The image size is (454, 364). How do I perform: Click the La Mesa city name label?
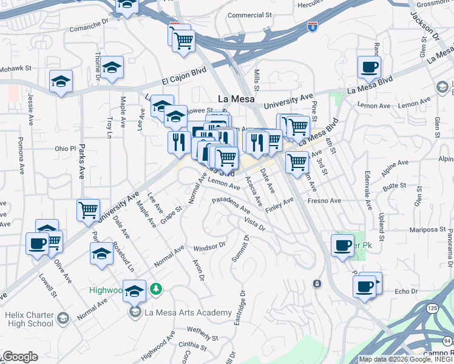click(235, 98)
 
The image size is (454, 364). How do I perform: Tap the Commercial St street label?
click(249, 15)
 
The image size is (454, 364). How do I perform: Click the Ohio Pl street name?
click(65, 148)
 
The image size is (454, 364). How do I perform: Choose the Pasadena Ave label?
click(231, 204)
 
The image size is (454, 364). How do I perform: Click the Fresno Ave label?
click(325, 200)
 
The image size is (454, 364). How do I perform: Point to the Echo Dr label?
click(405, 291)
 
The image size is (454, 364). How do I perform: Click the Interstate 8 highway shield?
click(311, 27)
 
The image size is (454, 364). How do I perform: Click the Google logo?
click(19, 357)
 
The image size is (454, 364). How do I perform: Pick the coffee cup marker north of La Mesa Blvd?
click(368, 67)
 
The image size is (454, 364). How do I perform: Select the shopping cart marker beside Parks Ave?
click(88, 210)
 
